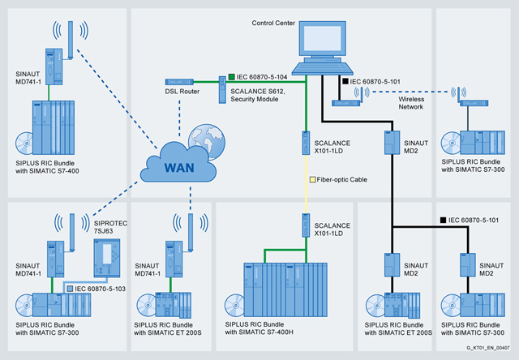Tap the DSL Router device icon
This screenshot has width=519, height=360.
click(178, 82)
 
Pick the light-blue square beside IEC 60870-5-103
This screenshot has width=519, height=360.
click(70, 288)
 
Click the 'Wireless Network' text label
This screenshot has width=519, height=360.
click(417, 102)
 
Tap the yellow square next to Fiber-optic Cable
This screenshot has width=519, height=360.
click(313, 179)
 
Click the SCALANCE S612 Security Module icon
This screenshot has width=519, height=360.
click(221, 90)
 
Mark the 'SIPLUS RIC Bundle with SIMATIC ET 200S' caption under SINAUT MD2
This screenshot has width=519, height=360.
click(400, 329)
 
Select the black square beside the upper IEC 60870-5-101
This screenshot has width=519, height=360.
click(345, 82)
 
